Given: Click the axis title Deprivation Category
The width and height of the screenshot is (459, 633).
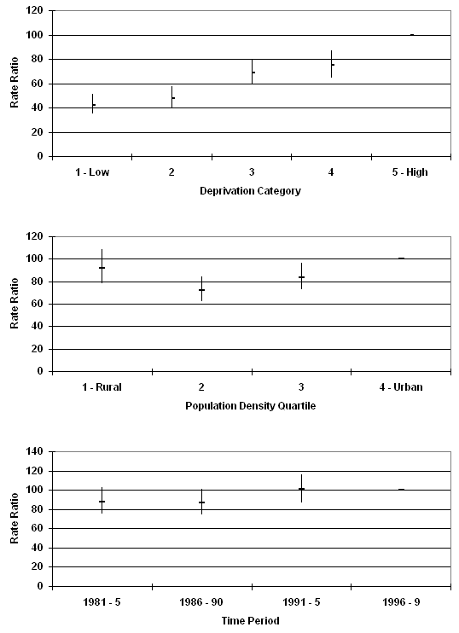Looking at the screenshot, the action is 250,191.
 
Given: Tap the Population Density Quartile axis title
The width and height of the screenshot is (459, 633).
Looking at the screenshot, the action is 250,406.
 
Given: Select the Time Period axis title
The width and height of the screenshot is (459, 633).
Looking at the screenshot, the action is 250,620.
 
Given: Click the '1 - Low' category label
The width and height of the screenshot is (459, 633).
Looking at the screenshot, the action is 92,172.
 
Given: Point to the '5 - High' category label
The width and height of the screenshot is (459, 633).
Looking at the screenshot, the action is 410,172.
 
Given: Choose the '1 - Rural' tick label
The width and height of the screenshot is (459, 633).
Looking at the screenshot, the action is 102,387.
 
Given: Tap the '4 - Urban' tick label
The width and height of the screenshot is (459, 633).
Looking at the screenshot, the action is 401,387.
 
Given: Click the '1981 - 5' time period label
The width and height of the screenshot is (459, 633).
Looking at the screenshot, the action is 102,602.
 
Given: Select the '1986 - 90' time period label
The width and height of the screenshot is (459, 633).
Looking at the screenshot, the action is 201,602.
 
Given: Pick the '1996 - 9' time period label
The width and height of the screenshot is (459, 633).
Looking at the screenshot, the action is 401,602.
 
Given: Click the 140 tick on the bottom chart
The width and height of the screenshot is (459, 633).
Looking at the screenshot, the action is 35,451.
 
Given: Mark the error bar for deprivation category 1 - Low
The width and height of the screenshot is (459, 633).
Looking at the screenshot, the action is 92,104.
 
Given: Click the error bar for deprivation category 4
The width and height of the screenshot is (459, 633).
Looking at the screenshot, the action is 331,64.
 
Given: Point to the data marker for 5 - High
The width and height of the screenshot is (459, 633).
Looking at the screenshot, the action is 412,35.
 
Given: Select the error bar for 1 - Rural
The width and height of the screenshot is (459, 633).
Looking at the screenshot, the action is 102,266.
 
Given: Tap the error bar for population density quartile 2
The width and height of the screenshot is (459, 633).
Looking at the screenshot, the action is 201,288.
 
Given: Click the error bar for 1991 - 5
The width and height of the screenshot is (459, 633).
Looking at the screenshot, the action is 301,488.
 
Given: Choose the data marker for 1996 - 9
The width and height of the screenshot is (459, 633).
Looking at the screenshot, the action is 401,490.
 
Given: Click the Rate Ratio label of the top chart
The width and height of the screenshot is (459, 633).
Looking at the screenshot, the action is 15,83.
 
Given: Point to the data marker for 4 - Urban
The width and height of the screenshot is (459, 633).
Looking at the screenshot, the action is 401,258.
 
